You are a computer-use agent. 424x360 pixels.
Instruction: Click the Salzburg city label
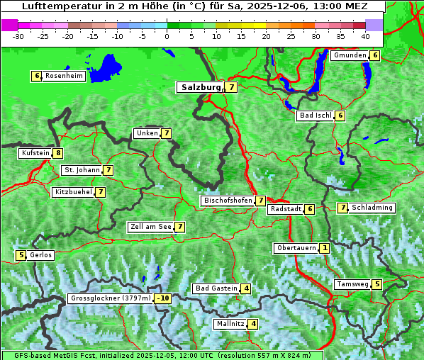tap(201, 87)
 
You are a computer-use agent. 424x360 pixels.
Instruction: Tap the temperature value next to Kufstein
tap(57, 153)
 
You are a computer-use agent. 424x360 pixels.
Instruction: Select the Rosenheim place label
tap(64, 76)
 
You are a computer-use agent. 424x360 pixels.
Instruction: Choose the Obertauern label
tap(296, 248)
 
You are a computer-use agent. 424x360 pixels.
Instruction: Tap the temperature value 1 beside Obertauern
tap(324, 248)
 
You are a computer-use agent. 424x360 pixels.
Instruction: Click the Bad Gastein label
tap(216, 288)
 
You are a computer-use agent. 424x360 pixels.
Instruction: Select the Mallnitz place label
tap(230, 324)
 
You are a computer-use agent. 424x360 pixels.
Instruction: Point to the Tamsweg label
tap(352, 284)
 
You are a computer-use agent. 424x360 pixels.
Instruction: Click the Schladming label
tap(372, 208)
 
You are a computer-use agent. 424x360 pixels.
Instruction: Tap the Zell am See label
tap(151, 227)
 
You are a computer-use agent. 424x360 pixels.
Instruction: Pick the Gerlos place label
tap(40, 255)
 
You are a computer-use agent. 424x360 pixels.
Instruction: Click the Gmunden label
tap(350, 55)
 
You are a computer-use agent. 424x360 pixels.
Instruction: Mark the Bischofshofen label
tap(228, 201)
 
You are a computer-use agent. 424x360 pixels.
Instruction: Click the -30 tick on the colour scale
tap(18, 35)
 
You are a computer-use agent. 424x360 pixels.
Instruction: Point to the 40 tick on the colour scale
tap(365, 35)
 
